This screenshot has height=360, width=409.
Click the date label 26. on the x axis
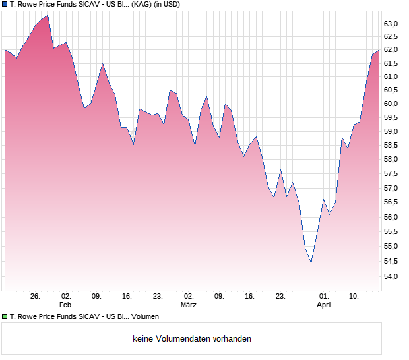(x=36, y=296)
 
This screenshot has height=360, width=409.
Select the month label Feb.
(x=65, y=305)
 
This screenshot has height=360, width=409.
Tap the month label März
(x=189, y=305)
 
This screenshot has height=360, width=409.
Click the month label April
(x=323, y=305)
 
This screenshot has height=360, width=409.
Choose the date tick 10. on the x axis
(x=354, y=296)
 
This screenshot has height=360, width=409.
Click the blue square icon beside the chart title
(x=5, y=5)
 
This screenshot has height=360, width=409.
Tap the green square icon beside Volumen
(x=5, y=316)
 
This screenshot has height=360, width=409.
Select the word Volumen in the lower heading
(x=145, y=317)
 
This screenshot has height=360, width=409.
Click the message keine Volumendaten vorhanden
(x=192, y=339)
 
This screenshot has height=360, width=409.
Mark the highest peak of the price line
(x=47, y=16)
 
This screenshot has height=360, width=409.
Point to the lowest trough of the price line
(x=311, y=263)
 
